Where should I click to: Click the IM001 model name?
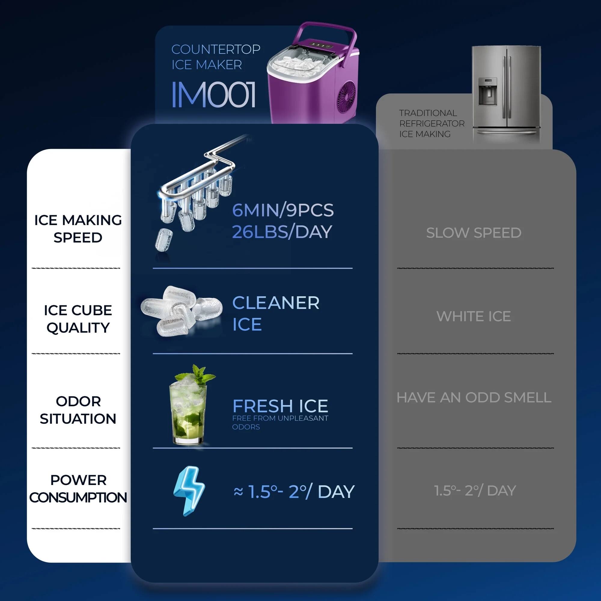214,95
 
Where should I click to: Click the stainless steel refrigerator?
506,93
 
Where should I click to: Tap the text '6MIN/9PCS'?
283,210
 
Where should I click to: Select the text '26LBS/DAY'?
282,232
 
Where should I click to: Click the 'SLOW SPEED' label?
474,233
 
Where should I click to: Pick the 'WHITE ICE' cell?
474,316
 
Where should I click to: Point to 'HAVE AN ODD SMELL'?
474,398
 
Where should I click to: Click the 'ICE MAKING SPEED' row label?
78,229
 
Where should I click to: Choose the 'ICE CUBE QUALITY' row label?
78,319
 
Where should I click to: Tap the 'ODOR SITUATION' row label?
78,410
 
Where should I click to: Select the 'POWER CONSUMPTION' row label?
78,489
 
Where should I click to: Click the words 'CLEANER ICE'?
276,313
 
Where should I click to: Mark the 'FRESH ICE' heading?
280,406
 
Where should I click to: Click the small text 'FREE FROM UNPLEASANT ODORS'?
280,423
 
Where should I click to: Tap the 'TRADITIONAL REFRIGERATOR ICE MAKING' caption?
432,124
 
